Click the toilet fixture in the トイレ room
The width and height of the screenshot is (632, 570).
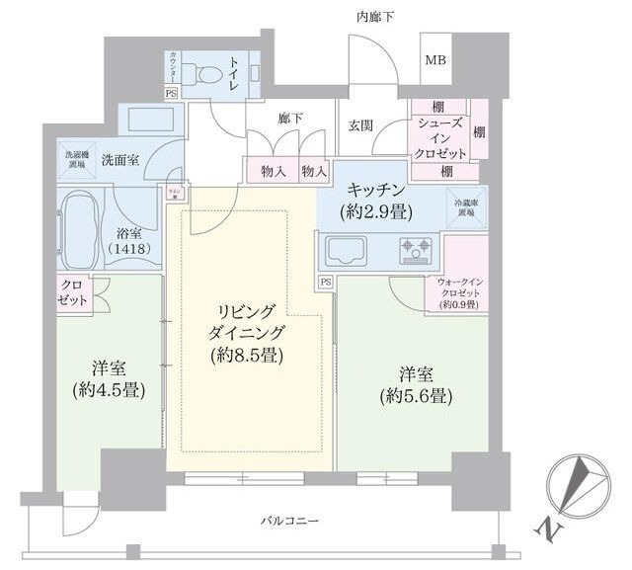(x=210, y=73)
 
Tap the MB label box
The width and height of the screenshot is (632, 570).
(x=435, y=60)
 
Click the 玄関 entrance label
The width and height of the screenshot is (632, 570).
(x=360, y=124)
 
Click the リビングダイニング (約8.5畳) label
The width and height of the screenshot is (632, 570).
(x=247, y=332)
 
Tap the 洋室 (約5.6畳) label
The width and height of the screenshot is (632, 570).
(x=414, y=385)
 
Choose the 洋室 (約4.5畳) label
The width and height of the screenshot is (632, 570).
(x=109, y=378)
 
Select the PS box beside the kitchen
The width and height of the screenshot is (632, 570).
(x=325, y=283)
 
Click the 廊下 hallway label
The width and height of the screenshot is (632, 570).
(x=290, y=118)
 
